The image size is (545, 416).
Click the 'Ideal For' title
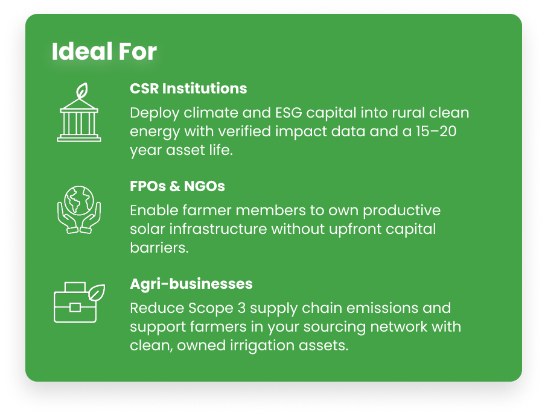(104, 51)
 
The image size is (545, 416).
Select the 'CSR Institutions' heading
(188, 89)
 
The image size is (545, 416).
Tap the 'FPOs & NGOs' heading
(177, 186)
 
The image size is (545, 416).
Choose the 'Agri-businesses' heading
(191, 284)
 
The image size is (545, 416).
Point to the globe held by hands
(79, 200)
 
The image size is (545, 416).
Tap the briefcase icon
(75, 303)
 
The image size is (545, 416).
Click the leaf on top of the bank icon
(82, 90)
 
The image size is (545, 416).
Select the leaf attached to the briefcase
(97, 293)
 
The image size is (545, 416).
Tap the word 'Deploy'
(155, 113)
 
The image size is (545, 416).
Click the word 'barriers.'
(159, 248)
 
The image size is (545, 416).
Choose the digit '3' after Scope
(241, 308)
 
